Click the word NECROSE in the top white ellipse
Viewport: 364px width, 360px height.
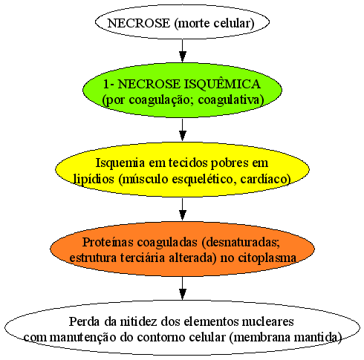(x=139, y=23)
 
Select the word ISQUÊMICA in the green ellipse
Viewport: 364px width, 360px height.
(x=222, y=83)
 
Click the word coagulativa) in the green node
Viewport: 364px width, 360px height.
(x=231, y=100)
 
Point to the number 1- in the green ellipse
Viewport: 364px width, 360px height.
(x=108, y=84)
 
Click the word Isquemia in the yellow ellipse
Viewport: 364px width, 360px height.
(x=120, y=163)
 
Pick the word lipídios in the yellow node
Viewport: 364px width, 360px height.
(x=94, y=179)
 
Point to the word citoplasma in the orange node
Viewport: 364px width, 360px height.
(x=267, y=258)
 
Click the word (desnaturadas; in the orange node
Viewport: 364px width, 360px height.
(x=241, y=242)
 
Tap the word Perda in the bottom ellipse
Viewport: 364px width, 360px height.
(x=85, y=321)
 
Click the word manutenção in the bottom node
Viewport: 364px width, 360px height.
(x=83, y=338)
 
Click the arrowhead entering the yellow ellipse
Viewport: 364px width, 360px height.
(x=183, y=136)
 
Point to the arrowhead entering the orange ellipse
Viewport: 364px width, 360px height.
(x=183, y=215)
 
